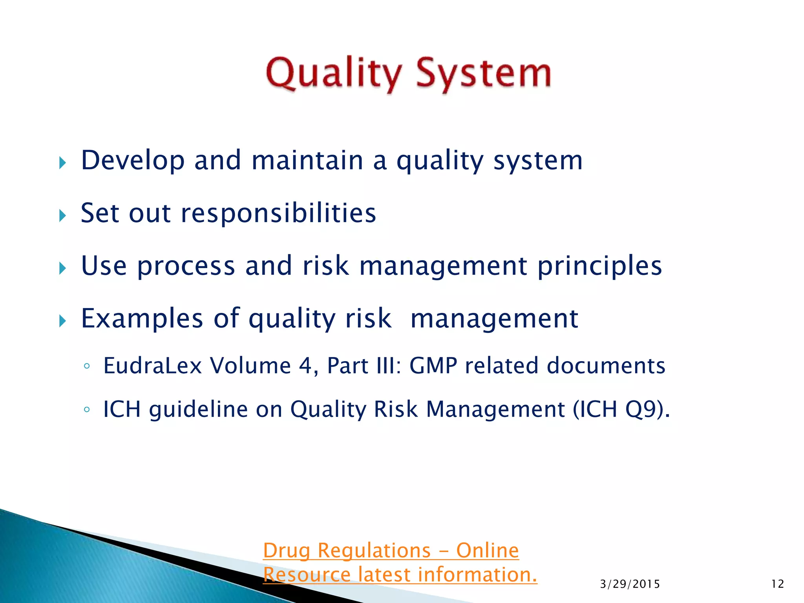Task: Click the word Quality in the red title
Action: [x=334, y=74]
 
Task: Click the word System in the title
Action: [x=483, y=74]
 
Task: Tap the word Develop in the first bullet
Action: [x=133, y=161]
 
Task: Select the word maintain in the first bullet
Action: [x=307, y=161]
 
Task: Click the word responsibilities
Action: [x=278, y=213]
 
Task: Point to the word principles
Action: [x=599, y=267]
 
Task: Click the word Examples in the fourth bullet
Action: [x=142, y=318]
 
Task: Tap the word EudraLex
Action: [x=152, y=366]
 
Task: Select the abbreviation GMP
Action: [x=433, y=366]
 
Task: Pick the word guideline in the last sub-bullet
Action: [x=198, y=409]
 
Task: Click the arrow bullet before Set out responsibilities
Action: [x=62, y=216]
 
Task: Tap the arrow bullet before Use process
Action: [x=62, y=269]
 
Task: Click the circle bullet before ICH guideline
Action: [x=87, y=410]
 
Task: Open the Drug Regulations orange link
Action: [x=391, y=550]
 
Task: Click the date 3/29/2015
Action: [x=630, y=584]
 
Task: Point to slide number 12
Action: [x=777, y=584]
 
